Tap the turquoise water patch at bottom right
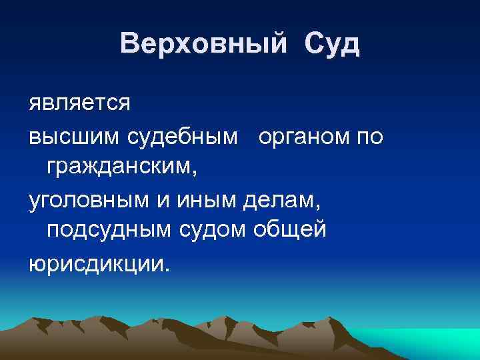coord(427,343)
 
